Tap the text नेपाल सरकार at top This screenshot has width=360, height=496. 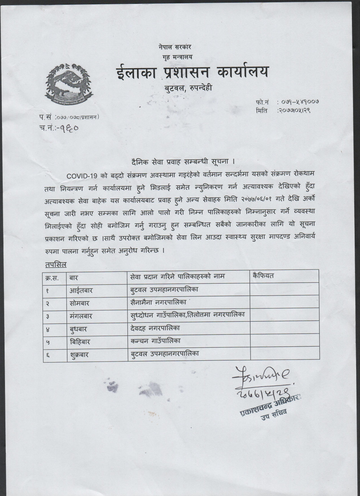point(175,47)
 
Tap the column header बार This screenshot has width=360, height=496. point(74,277)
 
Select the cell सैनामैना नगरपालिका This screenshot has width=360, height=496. point(158,302)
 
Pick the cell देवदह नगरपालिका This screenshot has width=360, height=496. point(155,328)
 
